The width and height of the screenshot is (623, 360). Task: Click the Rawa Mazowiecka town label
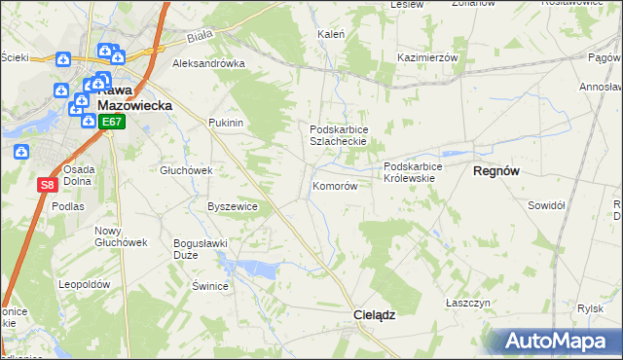pyautogui.click(x=133, y=94)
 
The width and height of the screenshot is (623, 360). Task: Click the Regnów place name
pyautogui.click(x=495, y=170)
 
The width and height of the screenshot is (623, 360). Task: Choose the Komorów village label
pyautogui.click(x=335, y=186)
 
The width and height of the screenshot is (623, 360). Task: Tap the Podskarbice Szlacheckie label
pyautogui.click(x=337, y=135)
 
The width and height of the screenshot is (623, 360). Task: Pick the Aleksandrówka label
pyautogui.click(x=207, y=63)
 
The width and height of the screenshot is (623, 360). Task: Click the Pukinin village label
pyautogui.click(x=225, y=124)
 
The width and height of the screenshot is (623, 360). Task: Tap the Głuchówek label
pyautogui.click(x=186, y=170)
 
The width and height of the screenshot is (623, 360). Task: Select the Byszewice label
pyautogui.click(x=233, y=206)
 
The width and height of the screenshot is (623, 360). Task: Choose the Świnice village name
pyautogui.click(x=209, y=286)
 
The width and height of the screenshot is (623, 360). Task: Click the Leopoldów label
pyautogui.click(x=82, y=284)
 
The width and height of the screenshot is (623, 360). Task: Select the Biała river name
pyautogui.click(x=200, y=40)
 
